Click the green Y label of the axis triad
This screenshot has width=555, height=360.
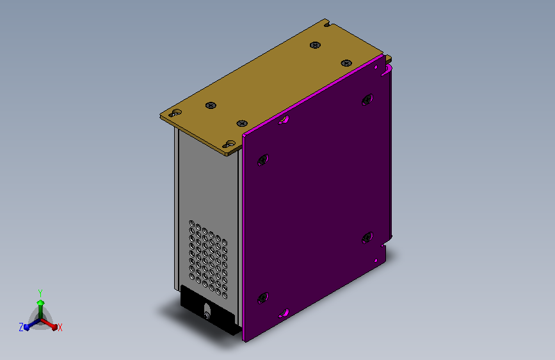[x=40, y=293]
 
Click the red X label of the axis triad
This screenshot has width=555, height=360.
[x=60, y=327]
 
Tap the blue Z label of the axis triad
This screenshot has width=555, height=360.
[x=21, y=327]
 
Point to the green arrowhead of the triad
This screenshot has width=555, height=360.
[x=41, y=302]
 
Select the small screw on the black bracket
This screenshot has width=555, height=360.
[x=207, y=315]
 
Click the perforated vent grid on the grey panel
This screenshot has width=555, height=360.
[x=208, y=259]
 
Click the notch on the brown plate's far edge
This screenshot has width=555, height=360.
[x=327, y=24]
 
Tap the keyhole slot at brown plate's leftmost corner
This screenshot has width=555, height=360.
[x=175, y=113]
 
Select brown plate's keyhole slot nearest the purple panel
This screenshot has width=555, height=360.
[x=229, y=144]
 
